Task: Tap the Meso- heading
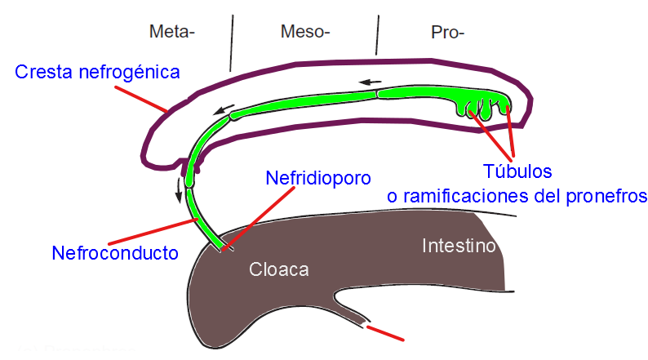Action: pyautogui.click(x=304, y=33)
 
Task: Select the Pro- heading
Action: pyautogui.click(x=447, y=33)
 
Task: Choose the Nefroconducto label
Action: pyautogui.click(x=115, y=253)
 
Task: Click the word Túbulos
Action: pyautogui.click(x=517, y=171)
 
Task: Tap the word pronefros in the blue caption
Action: pyautogui.click(x=603, y=196)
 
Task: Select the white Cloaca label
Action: pyautogui.click(x=279, y=269)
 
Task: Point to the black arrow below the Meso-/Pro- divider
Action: pyautogui.click(x=371, y=82)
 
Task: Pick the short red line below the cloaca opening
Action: pyautogui.click(x=385, y=332)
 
